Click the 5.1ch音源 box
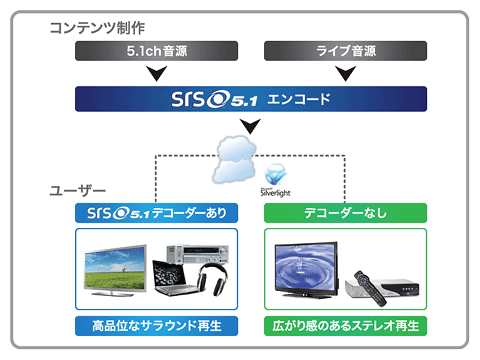pyautogui.click(x=156, y=51)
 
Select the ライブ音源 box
pyautogui.click(x=345, y=51)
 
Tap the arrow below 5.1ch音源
pyautogui.click(x=157, y=73)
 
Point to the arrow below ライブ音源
pyautogui.click(x=346, y=73)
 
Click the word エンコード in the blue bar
pyautogui.click(x=299, y=99)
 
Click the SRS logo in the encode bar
pyautogui.click(x=214, y=99)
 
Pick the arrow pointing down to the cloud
pyautogui.click(x=250, y=126)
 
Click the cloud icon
pyautogui.click(x=235, y=159)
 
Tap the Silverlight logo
pyautogui.click(x=275, y=180)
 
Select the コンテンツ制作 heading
pyautogui.click(x=97, y=28)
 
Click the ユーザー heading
pyautogui.click(x=77, y=191)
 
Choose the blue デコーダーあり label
pyautogui.click(x=156, y=213)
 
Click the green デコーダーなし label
pyautogui.click(x=345, y=213)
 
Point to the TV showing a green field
pyautogui.click(x=115, y=270)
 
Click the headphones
pyautogui.click(x=213, y=279)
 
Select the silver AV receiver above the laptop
pyautogui.click(x=198, y=254)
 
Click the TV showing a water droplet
pyautogui.click(x=307, y=269)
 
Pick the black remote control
pyautogui.click(x=370, y=288)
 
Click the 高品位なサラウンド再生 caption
pyautogui.click(x=156, y=326)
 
